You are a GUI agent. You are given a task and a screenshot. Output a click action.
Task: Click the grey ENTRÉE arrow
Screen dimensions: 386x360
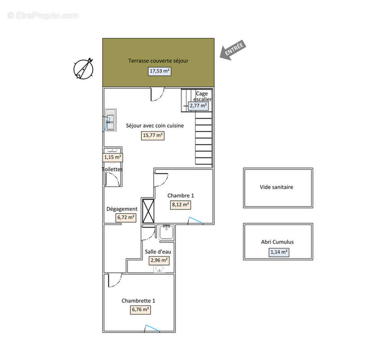tap(233, 50)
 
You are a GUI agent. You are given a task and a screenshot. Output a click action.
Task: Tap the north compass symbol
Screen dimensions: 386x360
tap(83, 69)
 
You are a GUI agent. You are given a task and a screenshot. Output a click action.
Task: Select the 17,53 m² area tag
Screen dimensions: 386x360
tap(160, 71)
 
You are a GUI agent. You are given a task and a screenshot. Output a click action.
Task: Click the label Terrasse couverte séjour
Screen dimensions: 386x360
tap(158, 61)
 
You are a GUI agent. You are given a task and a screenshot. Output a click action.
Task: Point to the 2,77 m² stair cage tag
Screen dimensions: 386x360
tap(198, 106)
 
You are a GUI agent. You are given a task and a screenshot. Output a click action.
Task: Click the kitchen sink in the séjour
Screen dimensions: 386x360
tap(110, 120)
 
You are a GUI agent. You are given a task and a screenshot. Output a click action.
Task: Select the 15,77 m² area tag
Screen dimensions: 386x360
tap(153, 135)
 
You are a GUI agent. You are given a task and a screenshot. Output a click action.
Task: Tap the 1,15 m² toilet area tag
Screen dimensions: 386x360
tap(112, 157)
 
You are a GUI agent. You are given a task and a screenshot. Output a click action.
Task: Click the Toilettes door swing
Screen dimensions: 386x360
tap(113, 179)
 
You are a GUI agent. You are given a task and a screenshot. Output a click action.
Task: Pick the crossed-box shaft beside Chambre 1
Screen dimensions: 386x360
tap(148, 211)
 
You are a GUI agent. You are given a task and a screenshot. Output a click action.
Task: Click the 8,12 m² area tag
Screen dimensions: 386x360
tap(180, 205)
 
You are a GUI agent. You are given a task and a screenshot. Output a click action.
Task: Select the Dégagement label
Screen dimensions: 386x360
tap(122, 209)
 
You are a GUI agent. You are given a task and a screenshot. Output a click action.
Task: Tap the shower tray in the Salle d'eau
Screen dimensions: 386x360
tap(166, 233)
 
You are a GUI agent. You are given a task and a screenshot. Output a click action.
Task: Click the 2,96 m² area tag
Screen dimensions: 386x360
tap(159, 260)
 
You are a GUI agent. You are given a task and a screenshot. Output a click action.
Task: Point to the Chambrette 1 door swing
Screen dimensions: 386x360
tap(115, 281)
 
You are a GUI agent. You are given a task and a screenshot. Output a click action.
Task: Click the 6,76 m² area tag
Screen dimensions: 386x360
tap(140, 310)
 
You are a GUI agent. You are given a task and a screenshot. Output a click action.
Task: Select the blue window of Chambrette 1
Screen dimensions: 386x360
tap(153, 328)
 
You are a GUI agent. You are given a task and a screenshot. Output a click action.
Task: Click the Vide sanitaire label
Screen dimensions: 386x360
tap(276, 187)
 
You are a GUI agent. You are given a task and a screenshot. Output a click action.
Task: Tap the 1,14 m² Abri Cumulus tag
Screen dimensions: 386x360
tap(279, 252)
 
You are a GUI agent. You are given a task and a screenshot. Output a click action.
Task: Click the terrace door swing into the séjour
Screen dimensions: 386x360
tap(157, 94)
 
